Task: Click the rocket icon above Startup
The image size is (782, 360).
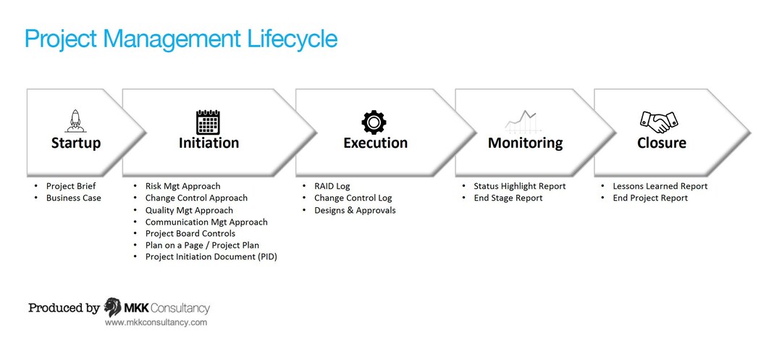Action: (75, 121)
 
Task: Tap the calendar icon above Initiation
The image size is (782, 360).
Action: (208, 122)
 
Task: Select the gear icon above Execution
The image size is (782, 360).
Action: (374, 122)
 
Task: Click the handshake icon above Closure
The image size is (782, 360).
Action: (659, 121)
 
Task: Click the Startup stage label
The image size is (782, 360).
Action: (76, 143)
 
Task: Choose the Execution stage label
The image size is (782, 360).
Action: (375, 143)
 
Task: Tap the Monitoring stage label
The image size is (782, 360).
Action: (525, 143)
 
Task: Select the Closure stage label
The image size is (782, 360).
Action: (661, 143)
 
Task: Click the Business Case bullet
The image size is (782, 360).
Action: (73, 198)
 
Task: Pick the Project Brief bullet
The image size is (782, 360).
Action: (71, 186)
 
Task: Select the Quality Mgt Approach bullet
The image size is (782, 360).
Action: (189, 210)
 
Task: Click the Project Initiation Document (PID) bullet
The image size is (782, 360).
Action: (211, 256)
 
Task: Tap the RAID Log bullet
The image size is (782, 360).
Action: (332, 186)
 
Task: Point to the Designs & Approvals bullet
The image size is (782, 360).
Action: (355, 210)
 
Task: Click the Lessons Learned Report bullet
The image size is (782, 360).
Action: (660, 186)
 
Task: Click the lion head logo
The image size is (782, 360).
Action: (112, 307)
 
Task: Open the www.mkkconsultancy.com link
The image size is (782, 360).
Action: (156, 322)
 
